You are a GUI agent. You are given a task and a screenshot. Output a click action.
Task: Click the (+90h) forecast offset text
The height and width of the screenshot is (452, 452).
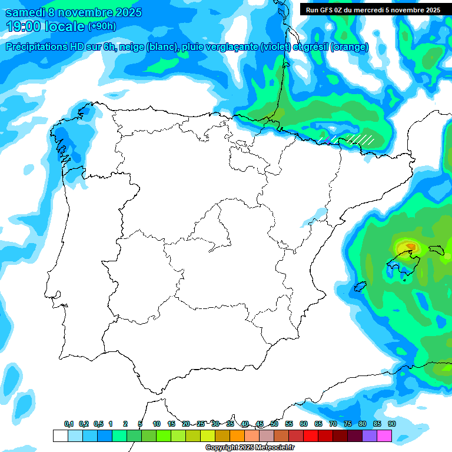pos(102,26)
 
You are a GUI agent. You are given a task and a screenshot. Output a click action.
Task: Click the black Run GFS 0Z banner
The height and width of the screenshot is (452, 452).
pos(373,9)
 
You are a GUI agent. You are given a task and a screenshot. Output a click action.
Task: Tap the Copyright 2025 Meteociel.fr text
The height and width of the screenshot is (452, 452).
pos(250,448)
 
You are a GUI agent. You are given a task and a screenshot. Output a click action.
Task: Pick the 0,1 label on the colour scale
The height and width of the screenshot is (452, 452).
pos(69,424)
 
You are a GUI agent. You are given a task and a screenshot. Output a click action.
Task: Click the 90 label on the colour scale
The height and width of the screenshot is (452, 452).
pos(392,424)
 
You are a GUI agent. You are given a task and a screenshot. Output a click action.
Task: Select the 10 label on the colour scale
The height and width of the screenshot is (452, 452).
pos(157,424)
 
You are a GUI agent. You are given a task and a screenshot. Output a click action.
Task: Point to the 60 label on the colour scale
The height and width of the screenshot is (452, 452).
pos(304,424)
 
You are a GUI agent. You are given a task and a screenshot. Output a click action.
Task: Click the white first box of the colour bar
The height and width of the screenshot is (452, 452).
pos(60,436)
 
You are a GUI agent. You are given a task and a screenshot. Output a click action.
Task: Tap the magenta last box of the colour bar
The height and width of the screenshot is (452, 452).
pos(384,436)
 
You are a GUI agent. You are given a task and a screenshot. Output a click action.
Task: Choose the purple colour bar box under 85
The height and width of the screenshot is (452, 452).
pos(370,436)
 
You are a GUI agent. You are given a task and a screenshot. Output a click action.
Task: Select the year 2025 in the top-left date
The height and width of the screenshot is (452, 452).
pos(125,12)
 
